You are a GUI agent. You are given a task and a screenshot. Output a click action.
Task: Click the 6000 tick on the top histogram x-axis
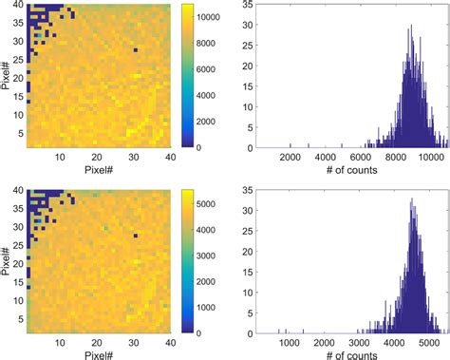[362, 158]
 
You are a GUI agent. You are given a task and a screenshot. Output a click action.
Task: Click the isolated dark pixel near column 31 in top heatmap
[136, 50]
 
